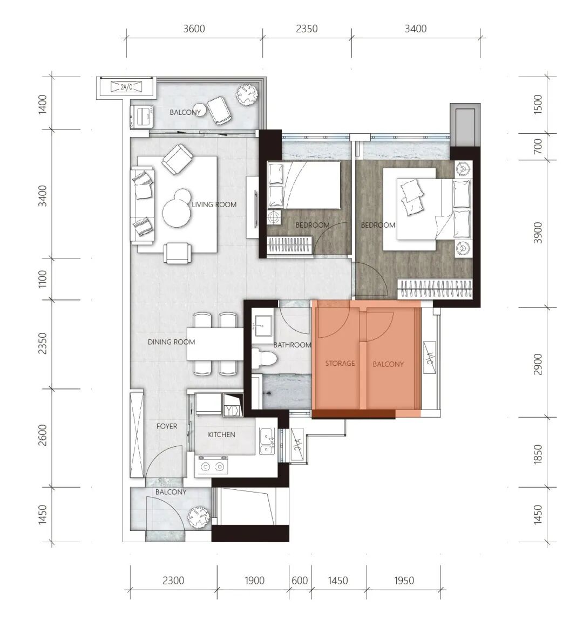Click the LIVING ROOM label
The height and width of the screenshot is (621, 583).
click(x=214, y=204)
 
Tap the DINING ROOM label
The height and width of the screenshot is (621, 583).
click(x=171, y=342)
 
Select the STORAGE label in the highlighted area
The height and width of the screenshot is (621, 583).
click(x=340, y=363)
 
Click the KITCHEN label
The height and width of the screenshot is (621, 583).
click(x=221, y=434)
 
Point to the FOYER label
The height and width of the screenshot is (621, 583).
click(x=167, y=426)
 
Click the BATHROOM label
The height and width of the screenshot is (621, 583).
click(x=292, y=345)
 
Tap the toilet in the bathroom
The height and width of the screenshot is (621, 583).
click(x=265, y=358)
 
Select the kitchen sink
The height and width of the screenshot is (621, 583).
click(x=267, y=441)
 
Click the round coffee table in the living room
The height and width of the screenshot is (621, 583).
click(x=177, y=212)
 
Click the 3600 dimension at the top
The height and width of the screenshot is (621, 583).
click(x=194, y=29)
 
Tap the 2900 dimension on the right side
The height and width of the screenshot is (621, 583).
click(x=538, y=364)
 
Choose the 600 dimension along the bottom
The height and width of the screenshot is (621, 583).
click(x=300, y=581)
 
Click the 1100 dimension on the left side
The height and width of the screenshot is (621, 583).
click(x=43, y=279)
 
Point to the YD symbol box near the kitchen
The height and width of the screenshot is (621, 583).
click(x=233, y=405)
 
